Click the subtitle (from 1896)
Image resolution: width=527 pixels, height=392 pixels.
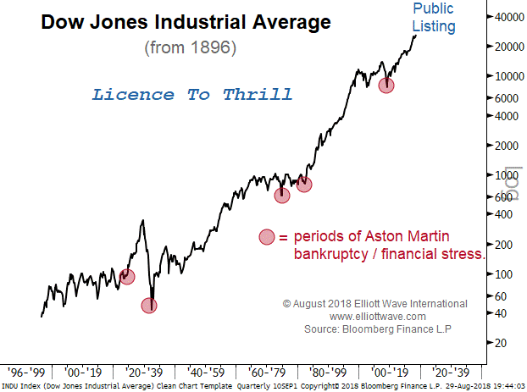pyautogui.click(x=190, y=47)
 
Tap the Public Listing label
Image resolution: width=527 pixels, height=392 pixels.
pyautogui.click(x=434, y=18)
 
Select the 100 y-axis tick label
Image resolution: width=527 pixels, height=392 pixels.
pyautogui.click(x=506, y=273)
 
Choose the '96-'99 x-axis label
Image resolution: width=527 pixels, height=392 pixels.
pyautogui.click(x=25, y=372)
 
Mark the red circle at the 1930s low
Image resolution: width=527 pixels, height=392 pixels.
pyautogui.click(x=149, y=306)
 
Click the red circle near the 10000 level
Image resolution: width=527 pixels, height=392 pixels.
pyautogui.click(x=386, y=85)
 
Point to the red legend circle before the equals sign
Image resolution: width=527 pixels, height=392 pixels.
pyautogui.click(x=267, y=237)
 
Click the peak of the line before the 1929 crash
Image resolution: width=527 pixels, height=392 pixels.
pyautogui.click(x=142, y=221)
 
